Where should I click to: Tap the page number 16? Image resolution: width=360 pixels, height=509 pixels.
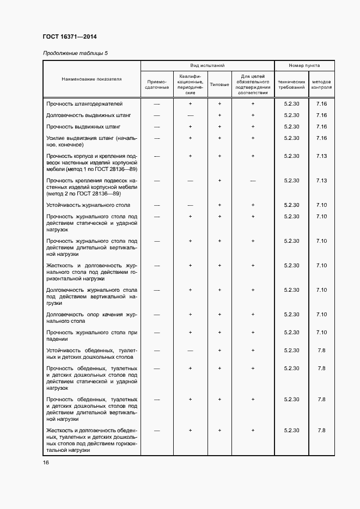46,463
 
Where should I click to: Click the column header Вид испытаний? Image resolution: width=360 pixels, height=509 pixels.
207,65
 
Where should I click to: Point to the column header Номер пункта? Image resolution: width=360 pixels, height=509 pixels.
304,65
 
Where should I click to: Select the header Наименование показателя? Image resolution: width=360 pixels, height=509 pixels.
91,79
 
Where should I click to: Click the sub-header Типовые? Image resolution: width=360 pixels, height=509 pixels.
219,85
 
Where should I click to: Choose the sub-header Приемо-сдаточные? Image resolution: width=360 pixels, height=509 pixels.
157,84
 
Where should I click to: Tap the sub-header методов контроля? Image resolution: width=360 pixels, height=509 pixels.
321,84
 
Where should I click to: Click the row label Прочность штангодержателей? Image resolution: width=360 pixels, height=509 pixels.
84,103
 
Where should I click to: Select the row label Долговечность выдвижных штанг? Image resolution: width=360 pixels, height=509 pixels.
89,115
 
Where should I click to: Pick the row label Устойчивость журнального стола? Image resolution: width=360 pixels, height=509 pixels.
88,205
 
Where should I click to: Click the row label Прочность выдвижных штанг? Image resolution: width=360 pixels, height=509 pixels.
83,127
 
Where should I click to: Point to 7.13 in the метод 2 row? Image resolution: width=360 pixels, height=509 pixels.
321,181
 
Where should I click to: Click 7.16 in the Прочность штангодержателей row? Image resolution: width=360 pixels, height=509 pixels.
321,103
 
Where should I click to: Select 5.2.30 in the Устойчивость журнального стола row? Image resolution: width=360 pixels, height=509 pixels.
292,205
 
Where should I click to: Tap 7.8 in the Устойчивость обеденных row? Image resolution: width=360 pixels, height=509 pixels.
321,351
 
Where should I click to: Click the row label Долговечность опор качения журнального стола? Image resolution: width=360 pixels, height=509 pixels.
91,318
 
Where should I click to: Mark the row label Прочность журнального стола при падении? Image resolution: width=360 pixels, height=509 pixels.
91,336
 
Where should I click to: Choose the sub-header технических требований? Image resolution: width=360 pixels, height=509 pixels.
292,84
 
